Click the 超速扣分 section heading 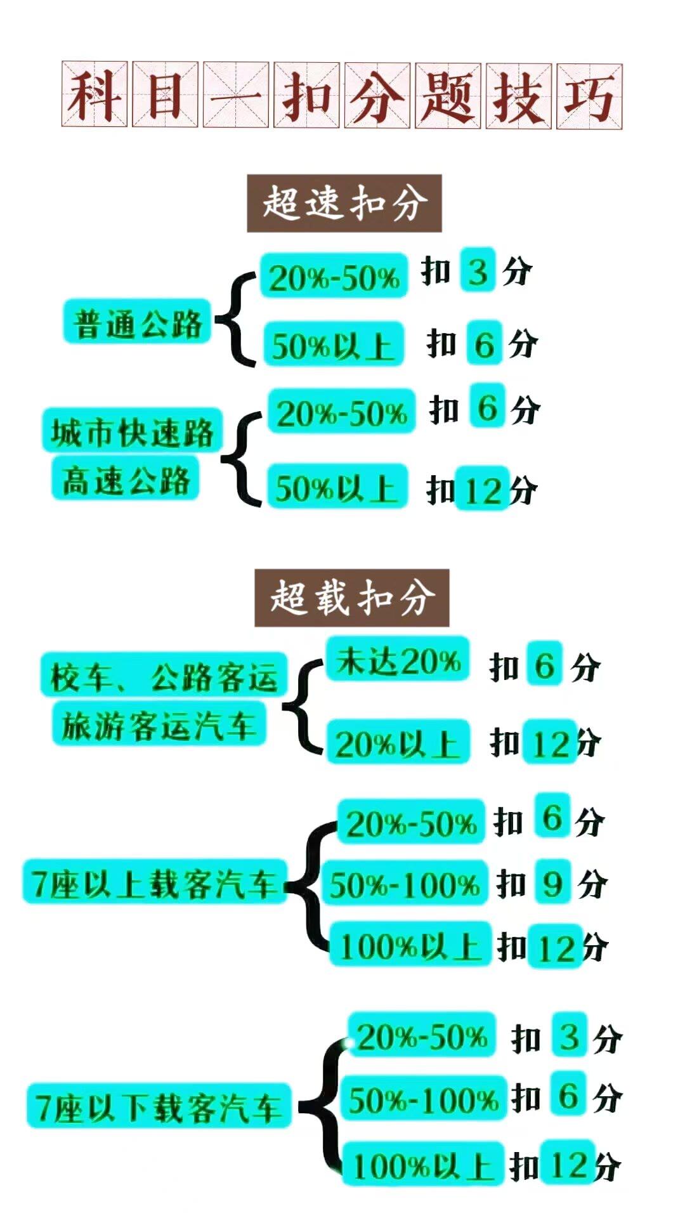tap(344, 204)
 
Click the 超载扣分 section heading tap(351, 598)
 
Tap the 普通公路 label tap(137, 322)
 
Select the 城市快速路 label tap(132, 431)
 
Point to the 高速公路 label tap(126, 479)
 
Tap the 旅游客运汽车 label tap(159, 724)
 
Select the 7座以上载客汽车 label tap(153, 882)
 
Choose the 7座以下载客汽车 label tap(159, 1106)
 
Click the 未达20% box tap(398, 660)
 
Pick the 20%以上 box tap(398, 742)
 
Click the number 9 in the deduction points tap(552, 882)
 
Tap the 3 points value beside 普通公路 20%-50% tap(478, 271)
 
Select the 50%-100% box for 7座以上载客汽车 tap(404, 883)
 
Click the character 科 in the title tap(95, 95)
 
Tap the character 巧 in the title tap(589, 96)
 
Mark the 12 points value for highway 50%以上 tap(483, 490)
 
